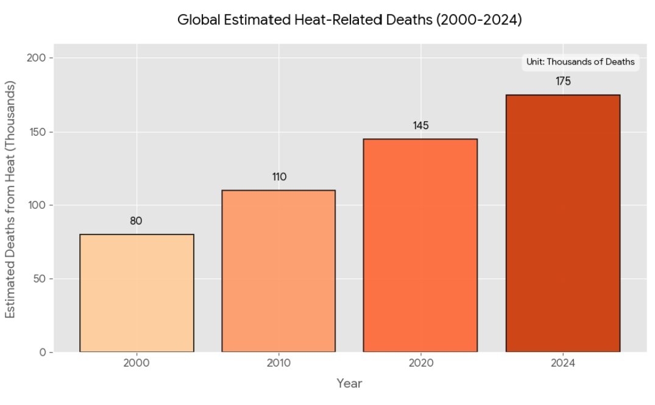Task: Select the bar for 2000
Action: pyautogui.click(x=136, y=293)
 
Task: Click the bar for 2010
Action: pyautogui.click(x=278, y=271)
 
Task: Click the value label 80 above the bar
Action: pyautogui.click(x=136, y=221)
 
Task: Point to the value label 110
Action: pyautogui.click(x=279, y=177)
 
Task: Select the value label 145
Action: pyautogui.click(x=421, y=125)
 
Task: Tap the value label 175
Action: pyautogui.click(x=563, y=81)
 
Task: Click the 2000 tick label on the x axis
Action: pyautogui.click(x=136, y=364)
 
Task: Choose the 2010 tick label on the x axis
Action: pyautogui.click(x=278, y=364)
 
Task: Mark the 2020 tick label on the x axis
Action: pyautogui.click(x=420, y=364)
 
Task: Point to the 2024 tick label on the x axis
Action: pyautogui.click(x=563, y=364)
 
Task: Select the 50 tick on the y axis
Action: pyautogui.click(x=38, y=279)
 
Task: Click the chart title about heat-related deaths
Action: pyautogui.click(x=350, y=19)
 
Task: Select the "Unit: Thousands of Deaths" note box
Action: pyautogui.click(x=581, y=62)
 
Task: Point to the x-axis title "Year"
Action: pyautogui.click(x=350, y=384)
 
